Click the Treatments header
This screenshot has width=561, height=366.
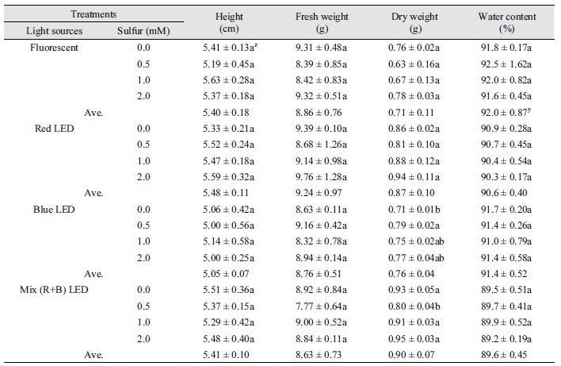point(93,14)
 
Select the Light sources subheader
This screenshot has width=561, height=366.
point(54,31)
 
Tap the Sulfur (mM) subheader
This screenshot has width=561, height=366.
point(143,31)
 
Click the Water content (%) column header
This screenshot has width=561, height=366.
point(507,22)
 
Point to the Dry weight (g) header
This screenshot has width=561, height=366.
point(414,22)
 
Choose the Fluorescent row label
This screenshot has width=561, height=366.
point(54,48)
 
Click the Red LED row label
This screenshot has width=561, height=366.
point(54,129)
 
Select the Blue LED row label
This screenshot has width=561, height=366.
point(54,210)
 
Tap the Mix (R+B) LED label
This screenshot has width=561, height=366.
point(54,290)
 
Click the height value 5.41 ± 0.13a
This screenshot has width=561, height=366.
point(230,48)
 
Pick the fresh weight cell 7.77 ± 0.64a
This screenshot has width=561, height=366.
point(321,306)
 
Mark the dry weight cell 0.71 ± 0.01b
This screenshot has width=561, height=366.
point(414,210)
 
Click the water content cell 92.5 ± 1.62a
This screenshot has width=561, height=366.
point(506,64)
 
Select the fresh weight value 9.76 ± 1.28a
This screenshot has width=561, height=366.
point(321,177)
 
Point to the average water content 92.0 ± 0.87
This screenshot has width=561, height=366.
point(506,112)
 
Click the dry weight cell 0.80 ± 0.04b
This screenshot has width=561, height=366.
point(414,306)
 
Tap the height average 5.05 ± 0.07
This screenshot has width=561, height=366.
point(226,274)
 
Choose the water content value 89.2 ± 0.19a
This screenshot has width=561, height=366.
point(506,339)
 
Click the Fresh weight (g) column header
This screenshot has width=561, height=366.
point(322,22)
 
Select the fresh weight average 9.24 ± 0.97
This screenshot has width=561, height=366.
point(319,193)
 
